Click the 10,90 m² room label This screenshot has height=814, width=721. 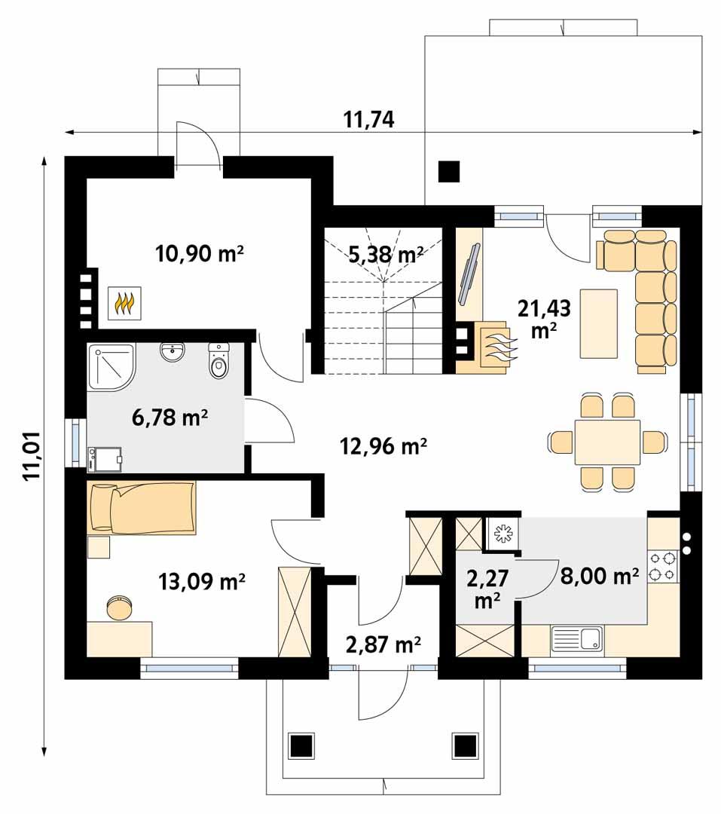[199, 253]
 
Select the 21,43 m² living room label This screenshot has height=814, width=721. [544, 317]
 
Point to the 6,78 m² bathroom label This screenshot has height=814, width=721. [170, 417]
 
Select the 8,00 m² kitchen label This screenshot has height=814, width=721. [600, 577]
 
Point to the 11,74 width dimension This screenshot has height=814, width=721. [369, 119]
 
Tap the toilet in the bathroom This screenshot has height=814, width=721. [218, 363]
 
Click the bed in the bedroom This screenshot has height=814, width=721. [142, 508]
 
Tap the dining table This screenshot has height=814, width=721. [607, 442]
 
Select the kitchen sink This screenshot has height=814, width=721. [576, 639]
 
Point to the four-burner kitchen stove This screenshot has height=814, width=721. [662, 566]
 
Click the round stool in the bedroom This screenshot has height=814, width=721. [119, 607]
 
